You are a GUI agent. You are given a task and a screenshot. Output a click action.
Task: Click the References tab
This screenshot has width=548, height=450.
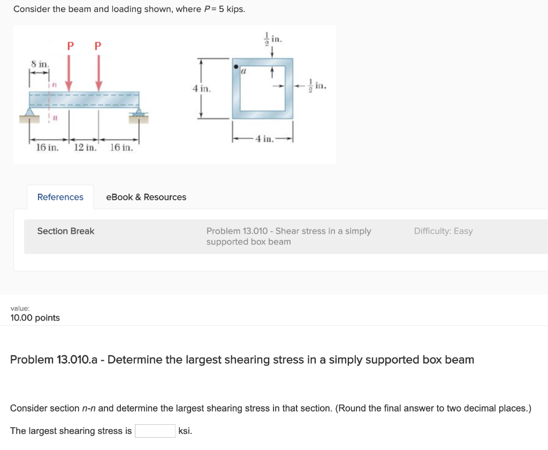click(x=60, y=197)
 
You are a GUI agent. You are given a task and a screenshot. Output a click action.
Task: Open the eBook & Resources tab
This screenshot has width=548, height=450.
click(x=146, y=197)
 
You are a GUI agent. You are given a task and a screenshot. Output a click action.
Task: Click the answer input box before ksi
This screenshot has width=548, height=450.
click(x=155, y=431)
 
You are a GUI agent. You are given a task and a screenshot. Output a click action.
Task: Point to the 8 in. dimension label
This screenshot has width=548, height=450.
click(x=40, y=64)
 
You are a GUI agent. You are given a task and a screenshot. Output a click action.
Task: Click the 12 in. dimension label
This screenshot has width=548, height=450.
click(x=85, y=147)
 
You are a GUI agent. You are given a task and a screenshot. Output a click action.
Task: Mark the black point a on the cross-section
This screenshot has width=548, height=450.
click(x=235, y=67)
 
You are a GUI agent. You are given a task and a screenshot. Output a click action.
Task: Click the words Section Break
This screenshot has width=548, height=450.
click(x=66, y=231)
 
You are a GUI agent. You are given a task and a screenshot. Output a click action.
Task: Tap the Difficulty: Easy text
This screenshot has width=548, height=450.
click(x=443, y=231)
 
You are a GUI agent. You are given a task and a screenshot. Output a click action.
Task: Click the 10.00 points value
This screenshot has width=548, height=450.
click(x=35, y=318)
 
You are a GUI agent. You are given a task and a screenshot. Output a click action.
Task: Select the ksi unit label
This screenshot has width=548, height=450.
click(x=185, y=431)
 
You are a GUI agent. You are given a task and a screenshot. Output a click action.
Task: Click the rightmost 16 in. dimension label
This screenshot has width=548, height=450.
click(x=121, y=147)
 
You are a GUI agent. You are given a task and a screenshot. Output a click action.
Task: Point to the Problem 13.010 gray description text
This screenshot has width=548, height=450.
click(x=288, y=237)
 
